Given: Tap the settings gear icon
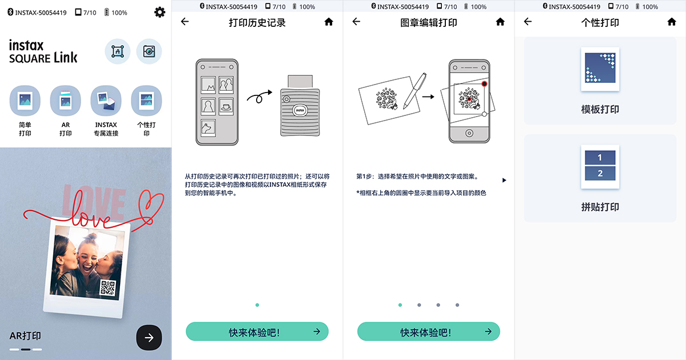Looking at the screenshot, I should [x=160, y=12].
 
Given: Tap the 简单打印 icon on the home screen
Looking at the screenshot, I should [x=25, y=101].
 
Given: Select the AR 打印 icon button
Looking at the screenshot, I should [x=66, y=101].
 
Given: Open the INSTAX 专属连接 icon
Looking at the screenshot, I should [x=106, y=101].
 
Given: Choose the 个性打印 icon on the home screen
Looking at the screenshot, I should [x=146, y=101].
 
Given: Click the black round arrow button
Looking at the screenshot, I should [x=149, y=337].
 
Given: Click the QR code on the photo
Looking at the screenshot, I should [x=108, y=287].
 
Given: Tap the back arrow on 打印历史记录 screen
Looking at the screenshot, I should [x=185, y=22].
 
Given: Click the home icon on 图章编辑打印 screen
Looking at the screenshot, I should [x=500, y=22].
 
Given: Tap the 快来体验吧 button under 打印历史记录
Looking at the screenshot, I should [x=257, y=331].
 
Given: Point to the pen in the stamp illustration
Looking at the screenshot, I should [x=413, y=90].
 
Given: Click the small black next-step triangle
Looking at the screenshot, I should [x=504, y=180].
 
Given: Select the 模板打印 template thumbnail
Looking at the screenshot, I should [x=600, y=69].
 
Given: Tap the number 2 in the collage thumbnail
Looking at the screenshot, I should [x=600, y=173].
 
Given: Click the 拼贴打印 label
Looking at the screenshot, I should [x=600, y=207].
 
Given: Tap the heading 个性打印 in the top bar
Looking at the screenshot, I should [x=600, y=22].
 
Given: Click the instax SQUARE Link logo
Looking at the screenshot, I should [x=43, y=51].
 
